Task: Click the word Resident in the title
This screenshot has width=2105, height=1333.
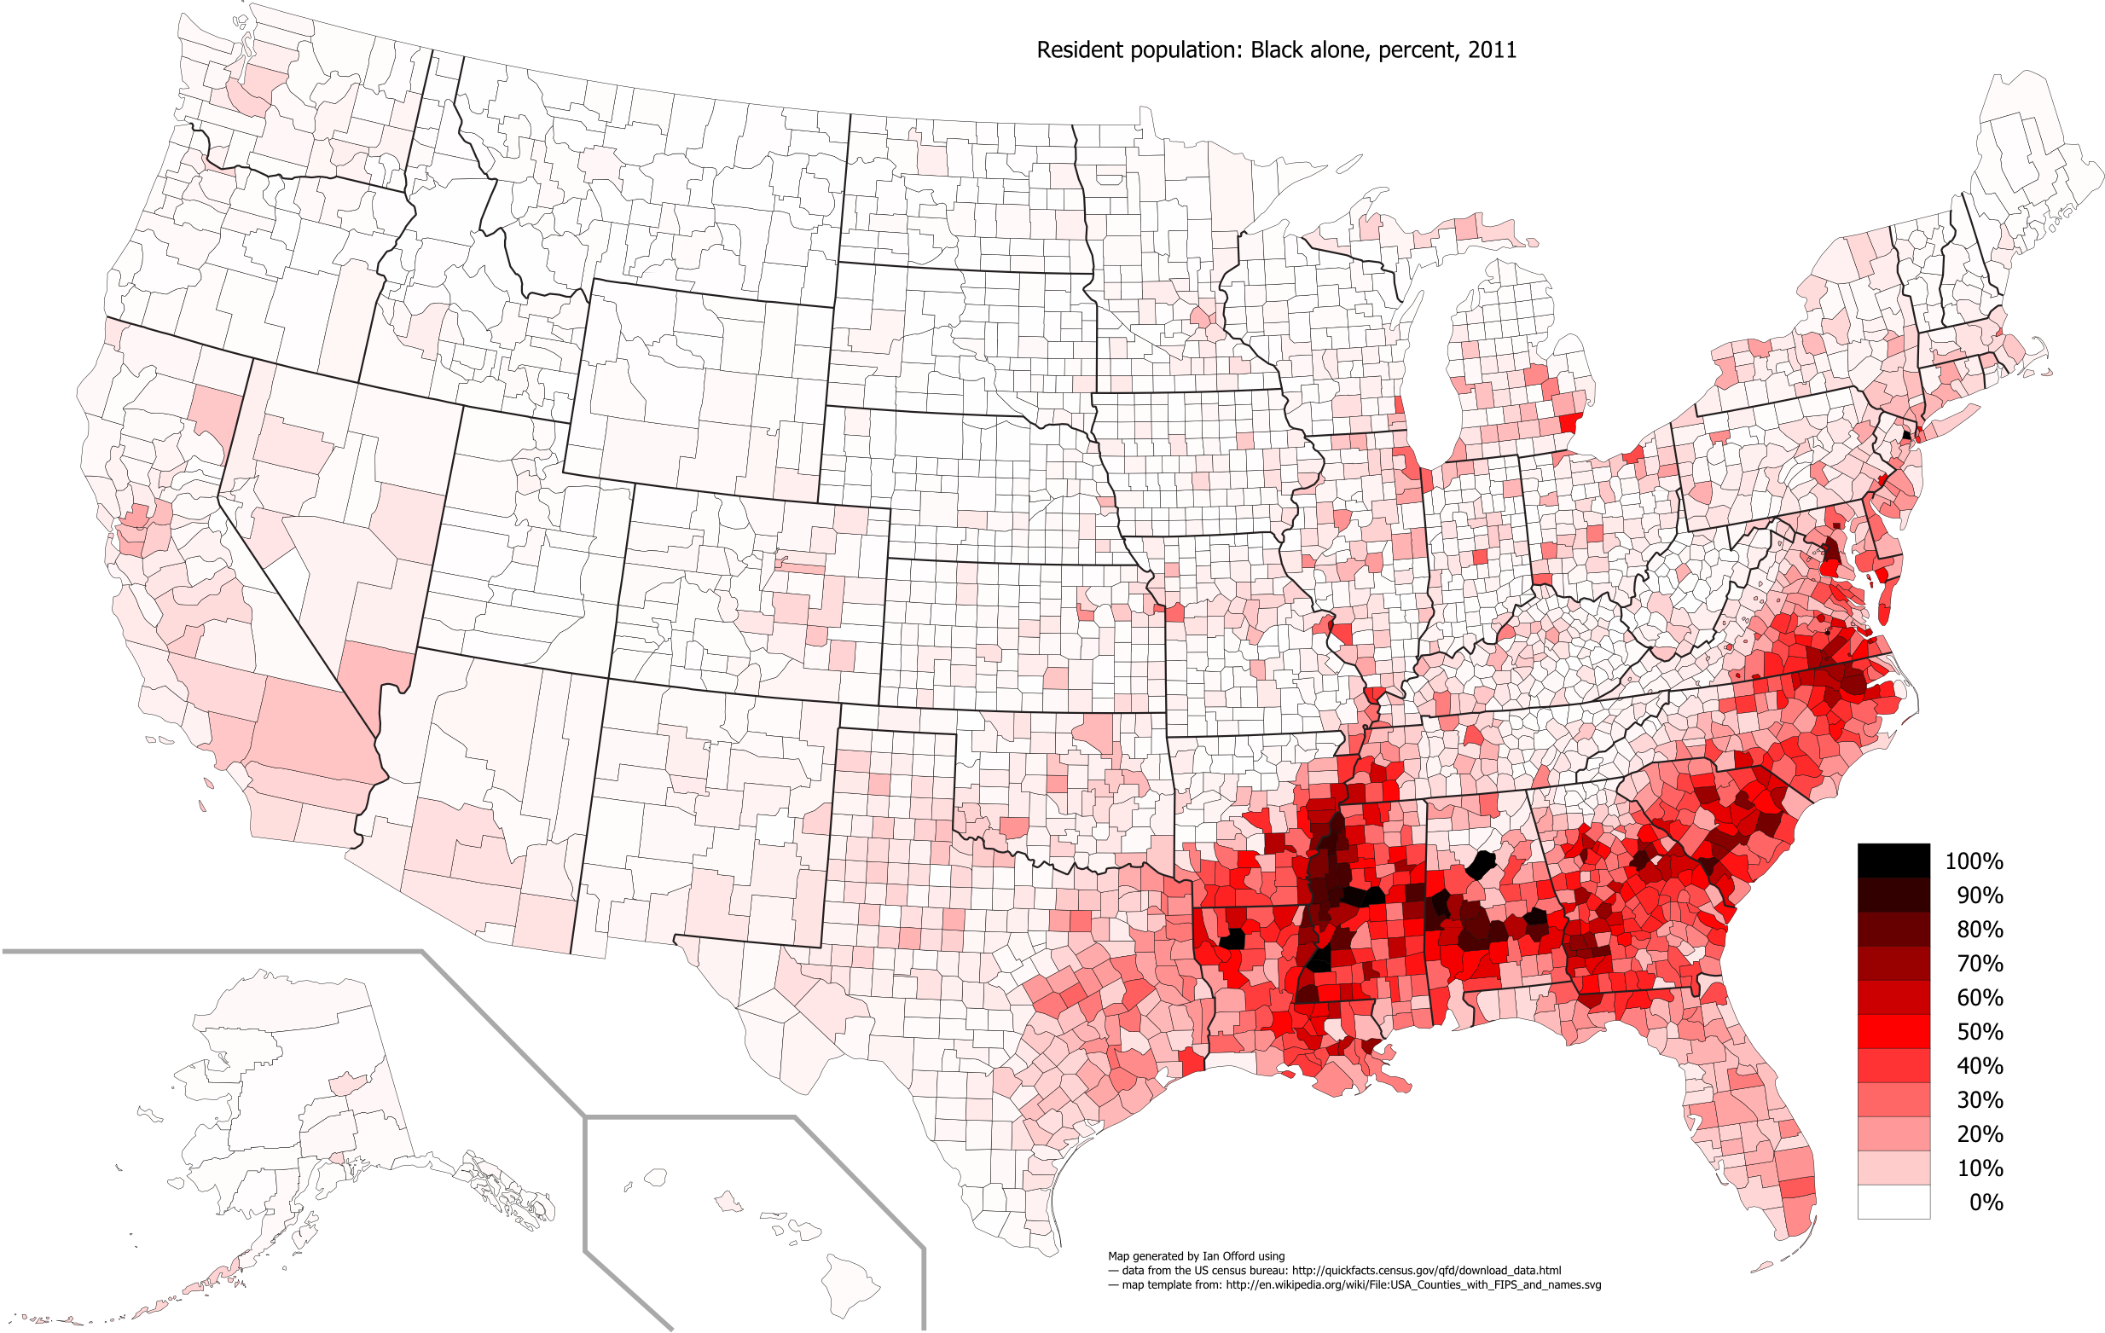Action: pyautogui.click(x=1080, y=49)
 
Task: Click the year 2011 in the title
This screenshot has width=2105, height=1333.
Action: pyautogui.click(x=1492, y=49)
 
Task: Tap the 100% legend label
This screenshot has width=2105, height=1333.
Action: pyautogui.click(x=1974, y=861)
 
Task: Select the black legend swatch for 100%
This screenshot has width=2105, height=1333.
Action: pyautogui.click(x=1893, y=861)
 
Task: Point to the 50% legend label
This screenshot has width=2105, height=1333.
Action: pyautogui.click(x=1979, y=1031)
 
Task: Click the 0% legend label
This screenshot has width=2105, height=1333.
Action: pyautogui.click(x=1986, y=1202)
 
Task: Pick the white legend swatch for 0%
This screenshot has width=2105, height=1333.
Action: pyautogui.click(x=1893, y=1201)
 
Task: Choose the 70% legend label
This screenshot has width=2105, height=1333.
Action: pyautogui.click(x=1979, y=963)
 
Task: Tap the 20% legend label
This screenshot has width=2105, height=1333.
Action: pyautogui.click(x=1979, y=1133)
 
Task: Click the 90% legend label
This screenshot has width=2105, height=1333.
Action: pyautogui.click(x=1979, y=895)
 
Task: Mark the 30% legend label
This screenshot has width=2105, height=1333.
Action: pyautogui.click(x=1979, y=1099)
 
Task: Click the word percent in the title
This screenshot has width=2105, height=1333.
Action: pyautogui.click(x=1416, y=49)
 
